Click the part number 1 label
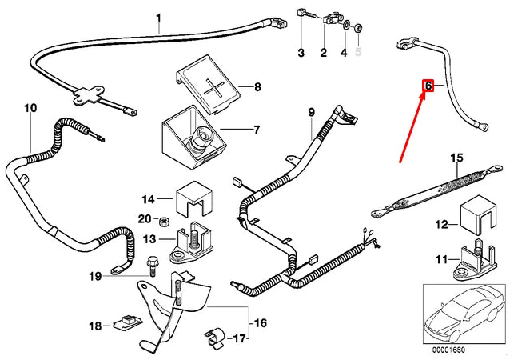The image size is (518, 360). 158,18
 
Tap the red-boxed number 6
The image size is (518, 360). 428,86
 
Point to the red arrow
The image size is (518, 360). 413,121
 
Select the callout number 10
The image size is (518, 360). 30,107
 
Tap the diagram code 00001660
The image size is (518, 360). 449,350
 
